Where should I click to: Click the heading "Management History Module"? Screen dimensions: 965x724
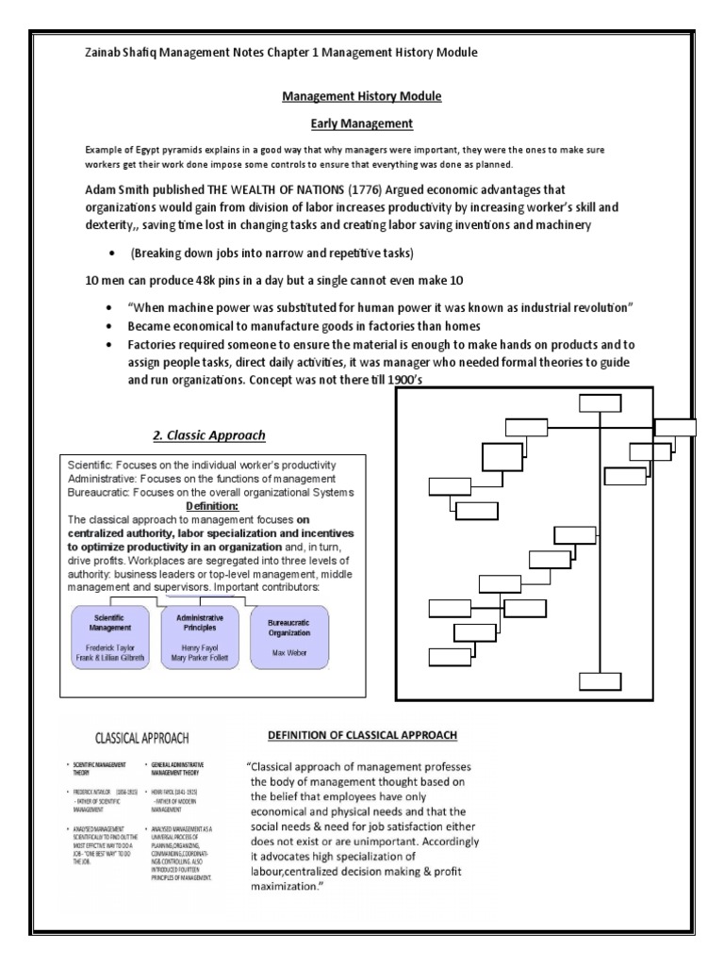[363, 96]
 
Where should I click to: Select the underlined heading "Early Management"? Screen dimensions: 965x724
[363, 123]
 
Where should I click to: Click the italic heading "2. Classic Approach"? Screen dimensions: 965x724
[209, 434]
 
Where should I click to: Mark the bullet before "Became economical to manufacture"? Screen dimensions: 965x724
[113, 328]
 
